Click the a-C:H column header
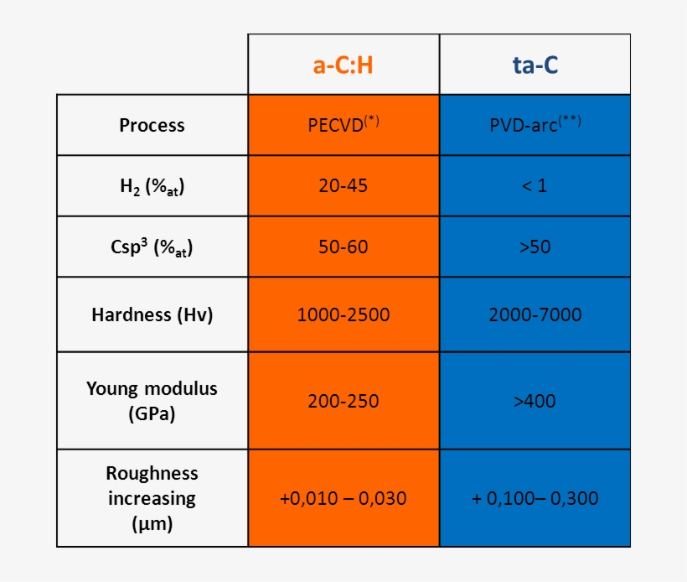pos(343,65)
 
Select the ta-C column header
pos(535,65)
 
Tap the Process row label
pos(152,125)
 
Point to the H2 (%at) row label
pos(152,186)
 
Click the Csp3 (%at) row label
pos(152,247)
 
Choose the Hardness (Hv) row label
pos(152,315)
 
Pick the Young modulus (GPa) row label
pos(152,401)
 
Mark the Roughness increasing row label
pos(152,498)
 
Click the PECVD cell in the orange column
pos(343,124)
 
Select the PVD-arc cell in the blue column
pos(535,124)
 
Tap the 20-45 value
pos(343,186)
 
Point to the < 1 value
pos(535,186)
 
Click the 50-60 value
pos(343,247)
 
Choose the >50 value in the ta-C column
pos(535,247)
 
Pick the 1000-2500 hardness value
pos(343,315)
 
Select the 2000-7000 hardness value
pos(535,315)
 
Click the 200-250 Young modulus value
pos(343,401)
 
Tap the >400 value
pos(535,401)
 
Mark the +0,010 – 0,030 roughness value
pos(343,498)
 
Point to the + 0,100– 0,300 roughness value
pos(535,498)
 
